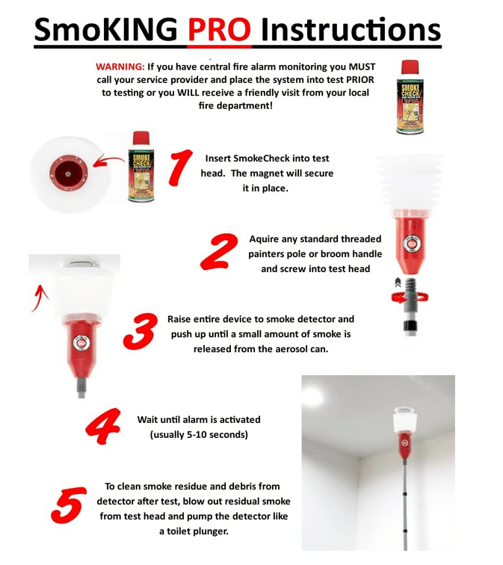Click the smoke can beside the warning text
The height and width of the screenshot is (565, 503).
click(410, 97)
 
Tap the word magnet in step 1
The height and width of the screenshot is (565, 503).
click(283, 173)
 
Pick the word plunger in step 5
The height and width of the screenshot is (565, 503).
click(217, 531)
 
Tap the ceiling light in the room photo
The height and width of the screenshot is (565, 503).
click(314, 395)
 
